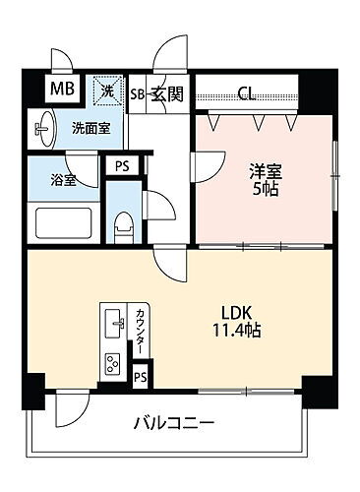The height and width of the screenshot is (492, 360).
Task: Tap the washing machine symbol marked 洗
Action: [x=108, y=92]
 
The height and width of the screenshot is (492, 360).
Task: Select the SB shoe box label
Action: [x=139, y=94]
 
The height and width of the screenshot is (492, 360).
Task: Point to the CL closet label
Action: [x=247, y=94]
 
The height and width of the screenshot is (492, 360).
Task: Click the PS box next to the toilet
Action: [x=121, y=167]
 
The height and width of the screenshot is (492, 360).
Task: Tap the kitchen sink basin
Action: [x=114, y=321]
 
